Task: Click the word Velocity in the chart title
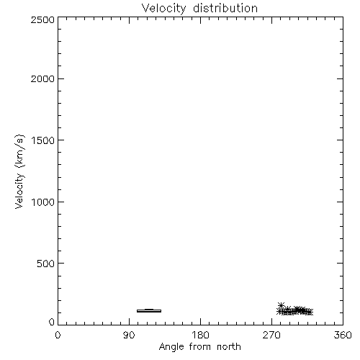tap(163, 9)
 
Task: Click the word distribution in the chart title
tap(225, 8)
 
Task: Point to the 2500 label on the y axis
tap(42, 19)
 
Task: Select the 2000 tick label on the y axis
tap(42, 78)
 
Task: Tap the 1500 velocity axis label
tap(43, 140)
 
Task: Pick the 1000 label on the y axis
tap(43, 202)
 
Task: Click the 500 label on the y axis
tap(46, 264)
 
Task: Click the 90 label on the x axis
tap(129, 335)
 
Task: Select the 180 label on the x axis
tap(200, 335)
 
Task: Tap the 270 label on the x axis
tap(271, 335)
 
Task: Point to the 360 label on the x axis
tap(343, 335)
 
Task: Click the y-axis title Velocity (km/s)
tap(19, 171)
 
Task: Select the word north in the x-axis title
tap(229, 346)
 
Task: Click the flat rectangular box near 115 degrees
tap(149, 311)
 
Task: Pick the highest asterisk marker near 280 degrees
tap(281, 305)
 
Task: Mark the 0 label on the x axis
tap(58, 335)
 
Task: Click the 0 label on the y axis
tap(52, 322)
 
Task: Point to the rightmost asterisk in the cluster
tap(310, 312)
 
